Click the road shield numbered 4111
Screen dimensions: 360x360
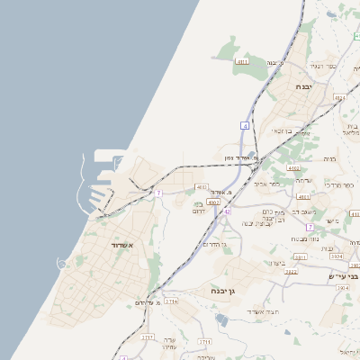click(x=241, y=61)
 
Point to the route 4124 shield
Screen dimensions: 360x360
click(x=339, y=97)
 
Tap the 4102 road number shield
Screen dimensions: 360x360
click(x=292, y=167)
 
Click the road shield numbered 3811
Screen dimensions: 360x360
click(x=301, y=256)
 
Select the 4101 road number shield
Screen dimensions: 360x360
click(x=303, y=196)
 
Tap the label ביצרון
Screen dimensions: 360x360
click(x=277, y=262)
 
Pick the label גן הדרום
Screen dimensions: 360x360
click(x=213, y=244)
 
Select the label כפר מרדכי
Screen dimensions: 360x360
click(x=339, y=184)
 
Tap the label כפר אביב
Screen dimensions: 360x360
click(x=269, y=184)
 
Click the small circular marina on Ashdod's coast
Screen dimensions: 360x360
click(x=62, y=263)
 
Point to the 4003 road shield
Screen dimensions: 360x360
click(x=213, y=202)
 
